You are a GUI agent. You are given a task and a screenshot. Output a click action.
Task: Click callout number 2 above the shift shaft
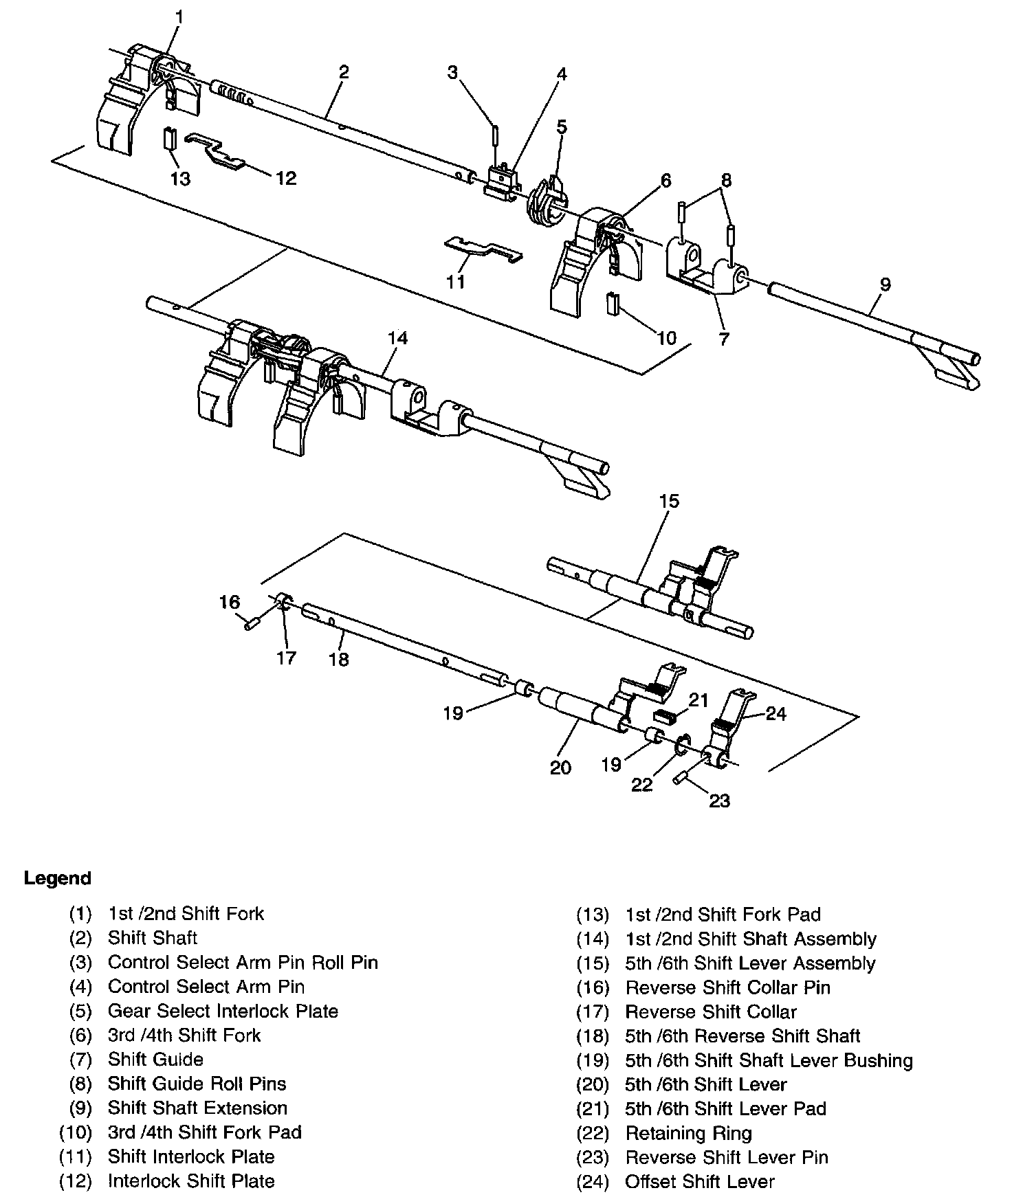coord(343,71)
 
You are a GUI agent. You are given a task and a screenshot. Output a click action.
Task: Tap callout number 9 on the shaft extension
coord(885,284)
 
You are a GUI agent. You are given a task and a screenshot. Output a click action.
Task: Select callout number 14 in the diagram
coord(397,338)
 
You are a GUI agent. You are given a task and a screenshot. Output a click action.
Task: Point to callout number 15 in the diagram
coord(668,501)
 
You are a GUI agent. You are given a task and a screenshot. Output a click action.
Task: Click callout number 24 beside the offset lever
coord(775,714)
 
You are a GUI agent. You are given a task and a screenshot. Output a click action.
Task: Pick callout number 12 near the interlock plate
coord(286,178)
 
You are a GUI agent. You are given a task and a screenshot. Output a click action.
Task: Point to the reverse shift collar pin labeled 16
coord(250,624)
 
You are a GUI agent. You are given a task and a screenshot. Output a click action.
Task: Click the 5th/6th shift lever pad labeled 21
coord(664,717)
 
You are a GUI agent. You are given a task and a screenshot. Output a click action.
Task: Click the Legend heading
coord(57,878)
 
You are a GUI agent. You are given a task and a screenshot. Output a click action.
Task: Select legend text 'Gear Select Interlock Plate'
coord(223,1011)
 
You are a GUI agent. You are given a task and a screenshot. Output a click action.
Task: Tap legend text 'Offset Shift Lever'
coord(699,1181)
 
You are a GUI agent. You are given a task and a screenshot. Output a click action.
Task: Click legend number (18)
coord(593,1036)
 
